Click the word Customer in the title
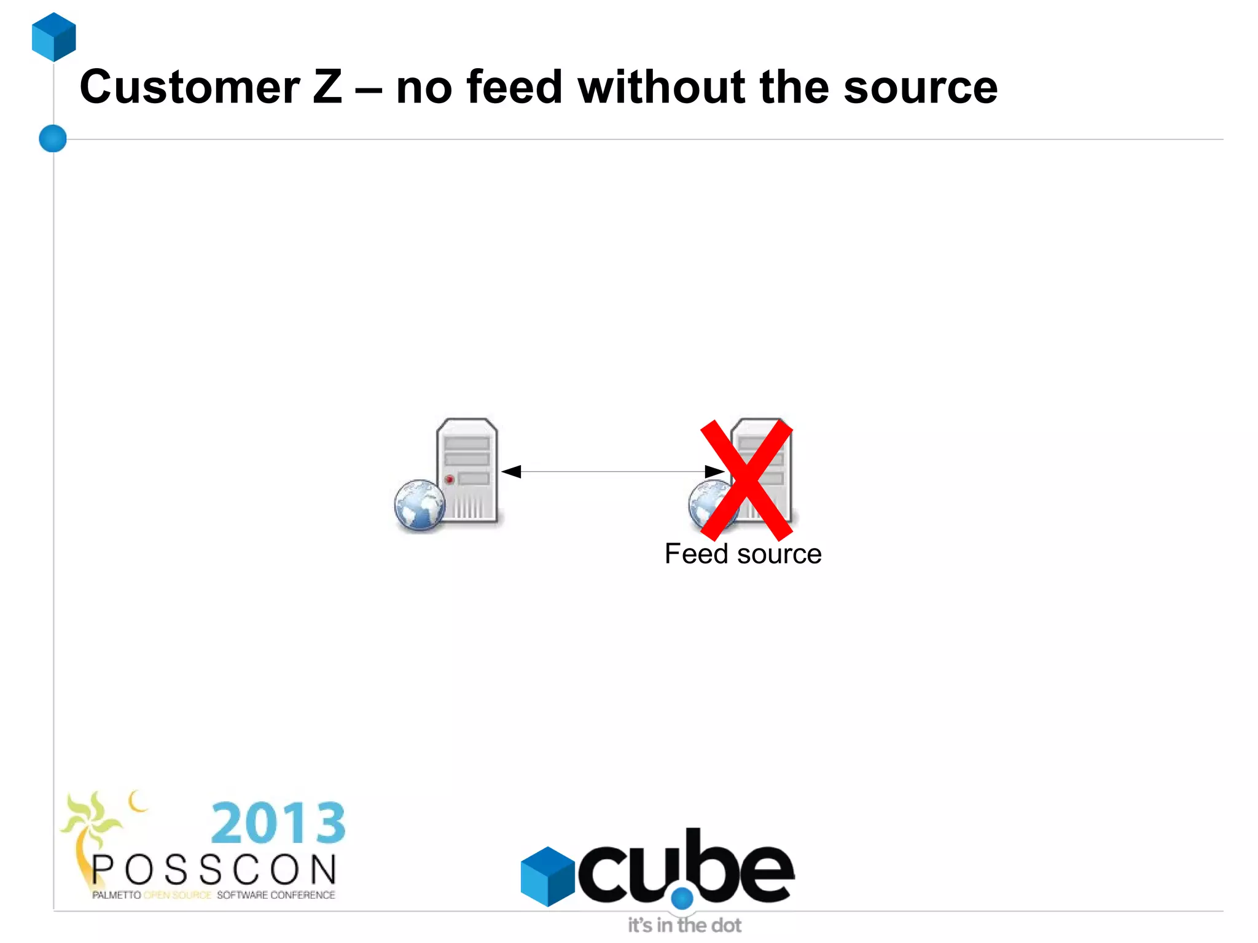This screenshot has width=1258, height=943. point(190,87)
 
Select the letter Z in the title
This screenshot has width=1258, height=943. point(327,87)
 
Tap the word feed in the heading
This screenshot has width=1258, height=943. point(515,87)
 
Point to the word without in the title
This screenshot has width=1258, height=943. point(661,87)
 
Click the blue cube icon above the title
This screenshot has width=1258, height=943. point(54,37)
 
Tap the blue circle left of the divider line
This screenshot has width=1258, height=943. point(53,138)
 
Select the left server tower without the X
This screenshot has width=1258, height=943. point(467,470)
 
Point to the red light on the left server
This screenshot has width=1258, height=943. point(450,479)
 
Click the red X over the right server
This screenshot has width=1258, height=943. point(746,480)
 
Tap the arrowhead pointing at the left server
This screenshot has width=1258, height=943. point(511,472)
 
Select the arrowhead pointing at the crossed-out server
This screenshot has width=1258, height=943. point(714,472)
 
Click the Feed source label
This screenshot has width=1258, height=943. point(743,554)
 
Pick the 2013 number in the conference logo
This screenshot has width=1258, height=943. point(278,823)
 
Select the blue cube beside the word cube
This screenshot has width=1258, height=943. point(547,876)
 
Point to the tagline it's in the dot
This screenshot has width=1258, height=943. point(684,925)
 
